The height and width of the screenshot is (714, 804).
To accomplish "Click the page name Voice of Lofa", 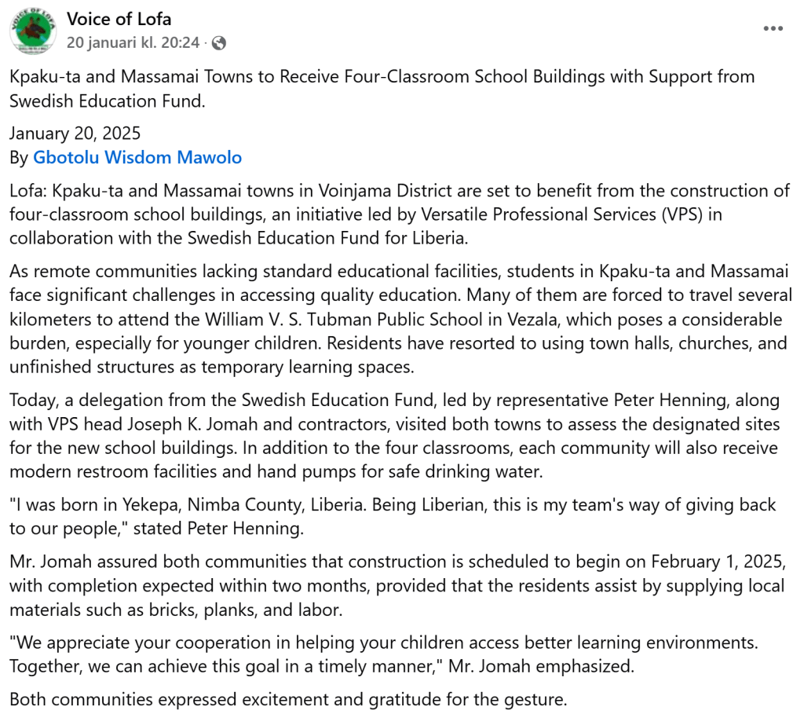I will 119,19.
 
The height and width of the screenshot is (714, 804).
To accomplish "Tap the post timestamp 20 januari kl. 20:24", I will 133,42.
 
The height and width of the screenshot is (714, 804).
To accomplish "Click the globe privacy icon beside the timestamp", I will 219,43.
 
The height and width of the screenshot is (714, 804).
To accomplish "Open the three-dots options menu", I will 773,28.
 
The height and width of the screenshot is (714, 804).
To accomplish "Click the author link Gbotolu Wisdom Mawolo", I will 137,157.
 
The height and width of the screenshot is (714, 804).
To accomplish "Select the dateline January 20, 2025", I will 75,134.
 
